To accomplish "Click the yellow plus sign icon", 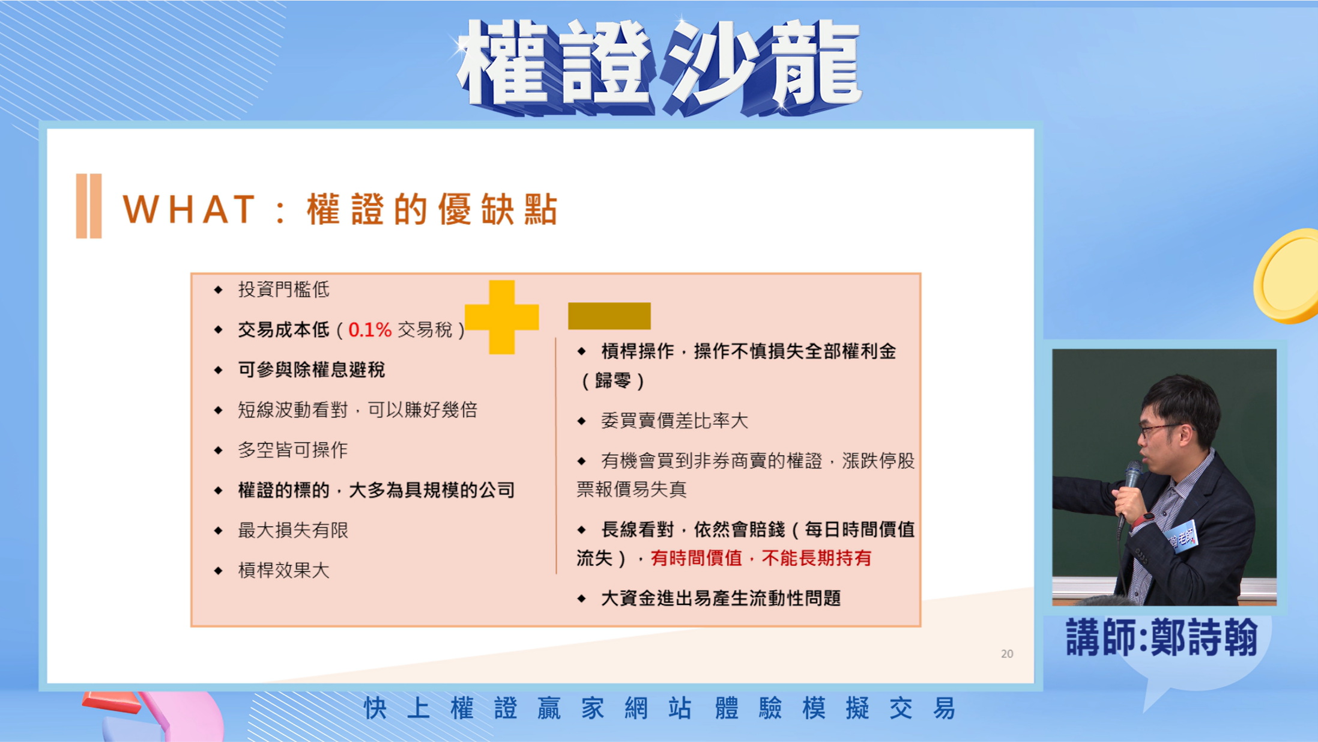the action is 501,317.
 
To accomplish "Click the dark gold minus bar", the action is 609,316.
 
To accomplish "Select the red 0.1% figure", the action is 370,330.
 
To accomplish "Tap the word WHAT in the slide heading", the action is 189,209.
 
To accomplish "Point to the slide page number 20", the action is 1007,654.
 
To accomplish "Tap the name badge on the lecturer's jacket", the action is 1180,537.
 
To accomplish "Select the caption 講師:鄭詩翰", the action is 1162,637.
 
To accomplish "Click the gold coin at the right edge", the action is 1288,276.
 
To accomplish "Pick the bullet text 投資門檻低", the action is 284,290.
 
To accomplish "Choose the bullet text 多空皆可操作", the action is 293,450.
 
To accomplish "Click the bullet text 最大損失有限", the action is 293,530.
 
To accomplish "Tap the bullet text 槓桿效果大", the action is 284,570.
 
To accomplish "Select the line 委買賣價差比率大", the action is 674,421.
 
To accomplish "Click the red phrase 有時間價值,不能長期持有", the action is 761,558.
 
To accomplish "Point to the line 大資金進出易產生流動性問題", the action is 721,598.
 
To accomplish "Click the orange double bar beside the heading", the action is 89,206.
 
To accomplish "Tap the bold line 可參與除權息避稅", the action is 312,370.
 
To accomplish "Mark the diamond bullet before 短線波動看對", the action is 219,410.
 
